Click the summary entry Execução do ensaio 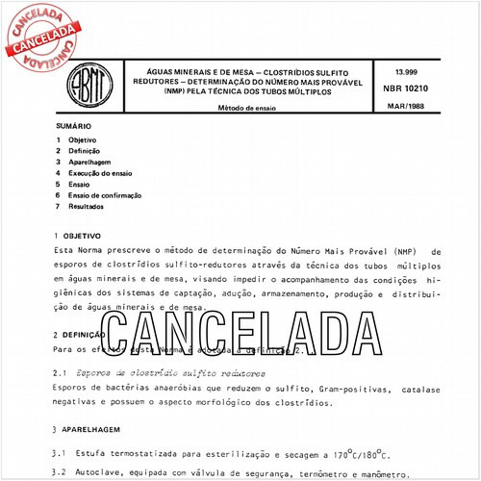pos(100,173)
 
